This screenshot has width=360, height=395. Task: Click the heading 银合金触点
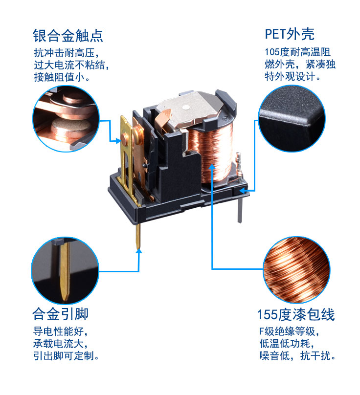(x=68, y=36)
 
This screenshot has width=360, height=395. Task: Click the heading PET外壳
(x=289, y=34)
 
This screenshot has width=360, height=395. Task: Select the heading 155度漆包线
(x=296, y=314)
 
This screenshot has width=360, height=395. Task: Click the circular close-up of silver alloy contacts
(x=65, y=119)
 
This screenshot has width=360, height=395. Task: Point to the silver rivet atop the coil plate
(x=186, y=107)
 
